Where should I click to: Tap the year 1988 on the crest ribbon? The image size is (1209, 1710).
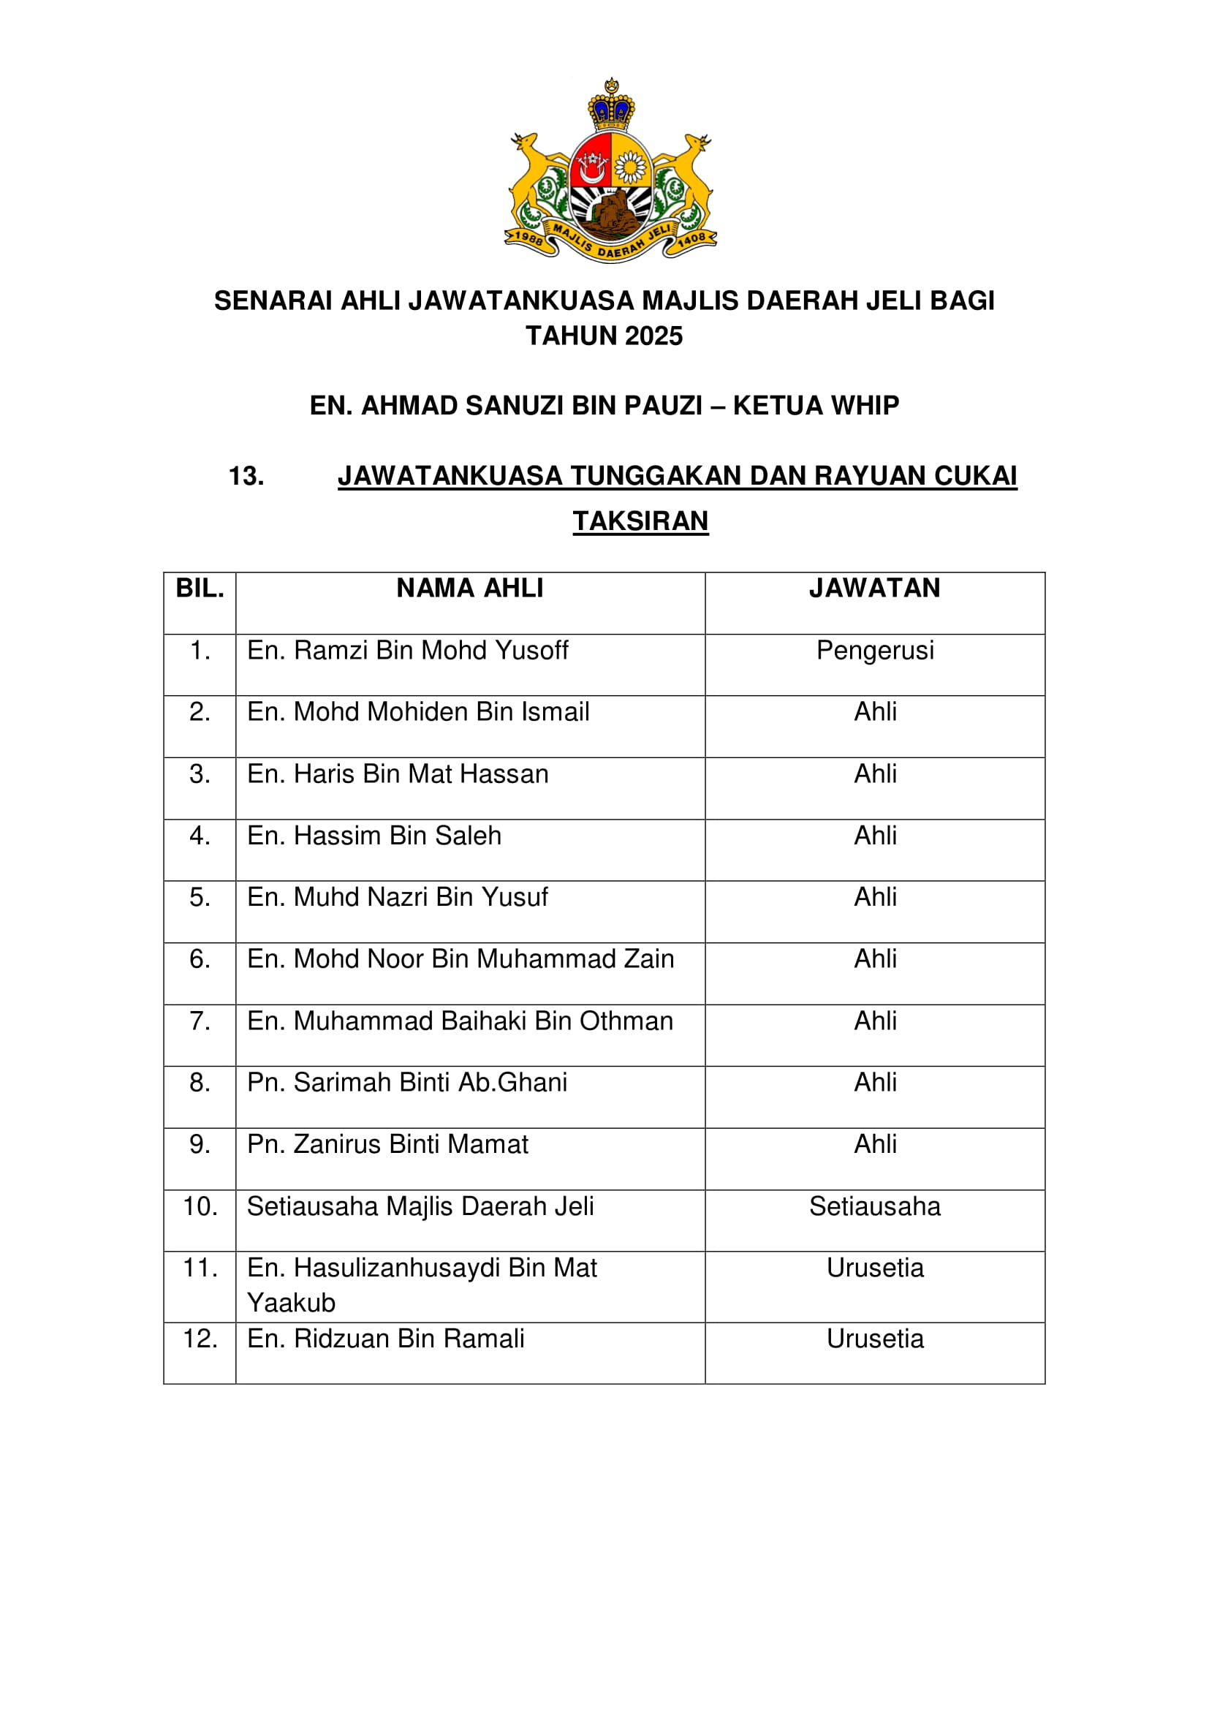point(528,238)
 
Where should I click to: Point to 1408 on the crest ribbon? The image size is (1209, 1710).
point(691,238)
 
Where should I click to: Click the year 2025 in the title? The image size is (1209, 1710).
point(654,336)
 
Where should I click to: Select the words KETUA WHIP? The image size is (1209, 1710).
point(816,405)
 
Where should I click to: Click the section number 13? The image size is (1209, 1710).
point(246,476)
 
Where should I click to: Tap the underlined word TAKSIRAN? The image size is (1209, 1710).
point(640,521)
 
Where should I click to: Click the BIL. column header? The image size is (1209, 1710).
point(200,589)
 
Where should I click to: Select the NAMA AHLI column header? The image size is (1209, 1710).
point(470,589)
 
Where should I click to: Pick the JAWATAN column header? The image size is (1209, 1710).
point(875,589)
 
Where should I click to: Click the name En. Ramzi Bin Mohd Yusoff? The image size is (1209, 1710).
point(407,650)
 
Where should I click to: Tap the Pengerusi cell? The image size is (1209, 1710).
point(875,650)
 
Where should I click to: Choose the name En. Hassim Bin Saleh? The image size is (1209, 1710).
point(374,836)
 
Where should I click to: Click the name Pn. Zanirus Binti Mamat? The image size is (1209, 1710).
point(387,1144)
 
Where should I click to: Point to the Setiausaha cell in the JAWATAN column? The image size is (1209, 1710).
point(875,1206)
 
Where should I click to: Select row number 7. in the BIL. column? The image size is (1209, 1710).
point(200,1021)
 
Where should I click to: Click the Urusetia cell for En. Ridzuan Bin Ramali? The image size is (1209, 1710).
point(875,1339)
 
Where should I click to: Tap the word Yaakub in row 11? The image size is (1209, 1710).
point(291,1303)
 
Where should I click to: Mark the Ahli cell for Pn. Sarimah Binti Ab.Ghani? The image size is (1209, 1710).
point(875,1082)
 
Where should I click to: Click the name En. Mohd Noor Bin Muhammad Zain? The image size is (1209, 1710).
point(460,958)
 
